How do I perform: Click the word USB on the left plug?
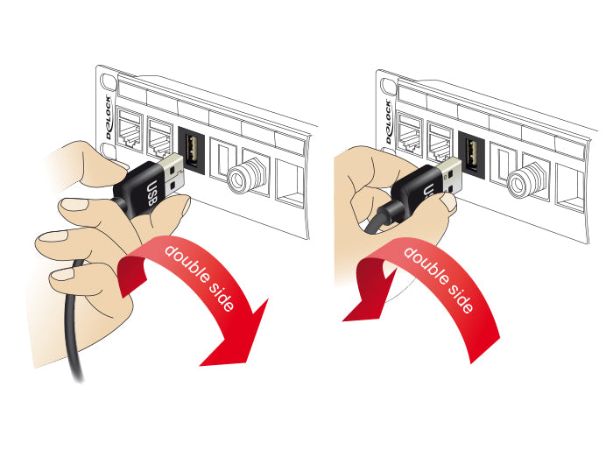click(x=151, y=193)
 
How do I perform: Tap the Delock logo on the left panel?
click(x=109, y=117)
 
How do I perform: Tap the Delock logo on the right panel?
click(x=388, y=122)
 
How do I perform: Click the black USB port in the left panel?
click(x=191, y=150)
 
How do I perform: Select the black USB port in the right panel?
click(x=472, y=154)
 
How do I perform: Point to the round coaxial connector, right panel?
click(x=523, y=180)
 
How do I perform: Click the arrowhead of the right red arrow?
click(x=363, y=297)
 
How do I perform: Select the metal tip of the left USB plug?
click(x=173, y=174)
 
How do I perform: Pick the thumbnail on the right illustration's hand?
click(x=448, y=201)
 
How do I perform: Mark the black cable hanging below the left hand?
click(x=74, y=321)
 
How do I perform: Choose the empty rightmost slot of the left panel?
click(x=291, y=183)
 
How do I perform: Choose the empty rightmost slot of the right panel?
click(x=571, y=188)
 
